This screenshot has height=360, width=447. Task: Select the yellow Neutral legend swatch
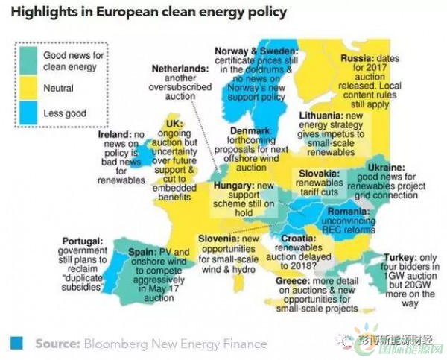click(31, 87)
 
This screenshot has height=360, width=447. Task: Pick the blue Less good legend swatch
click(31, 113)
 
